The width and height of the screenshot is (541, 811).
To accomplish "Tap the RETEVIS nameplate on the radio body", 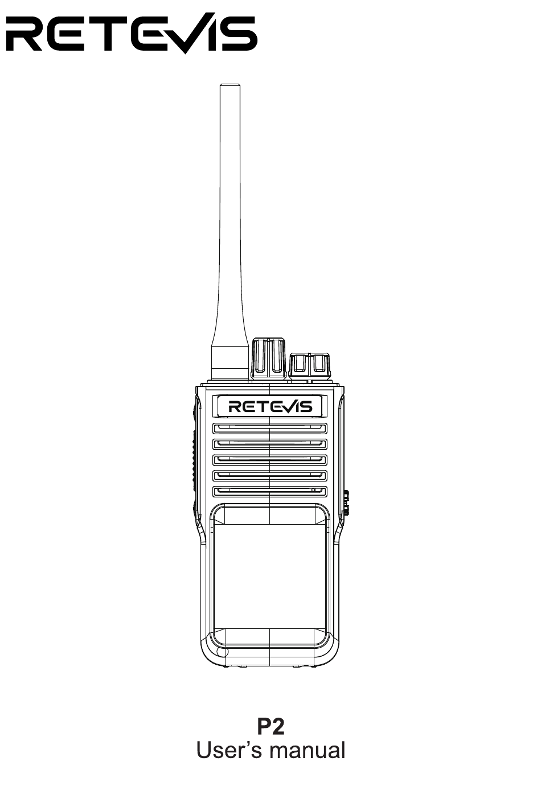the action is (x=269, y=406).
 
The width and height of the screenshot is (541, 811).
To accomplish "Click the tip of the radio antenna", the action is (x=230, y=86).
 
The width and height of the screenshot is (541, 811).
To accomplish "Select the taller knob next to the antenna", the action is (x=269, y=359).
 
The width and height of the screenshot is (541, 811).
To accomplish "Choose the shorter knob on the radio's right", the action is (x=310, y=366).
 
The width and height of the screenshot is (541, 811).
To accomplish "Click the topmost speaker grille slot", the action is (x=269, y=429).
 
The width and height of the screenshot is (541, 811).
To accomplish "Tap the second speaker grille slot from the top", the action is (x=269, y=444).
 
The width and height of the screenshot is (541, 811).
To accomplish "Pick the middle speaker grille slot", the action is (x=269, y=460).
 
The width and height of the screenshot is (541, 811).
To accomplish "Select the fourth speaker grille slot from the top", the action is (x=269, y=476).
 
